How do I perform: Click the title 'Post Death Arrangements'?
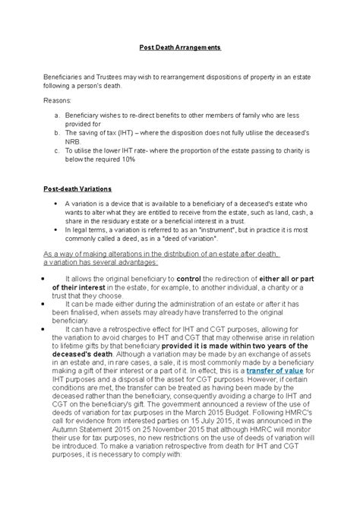[x=179, y=47]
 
